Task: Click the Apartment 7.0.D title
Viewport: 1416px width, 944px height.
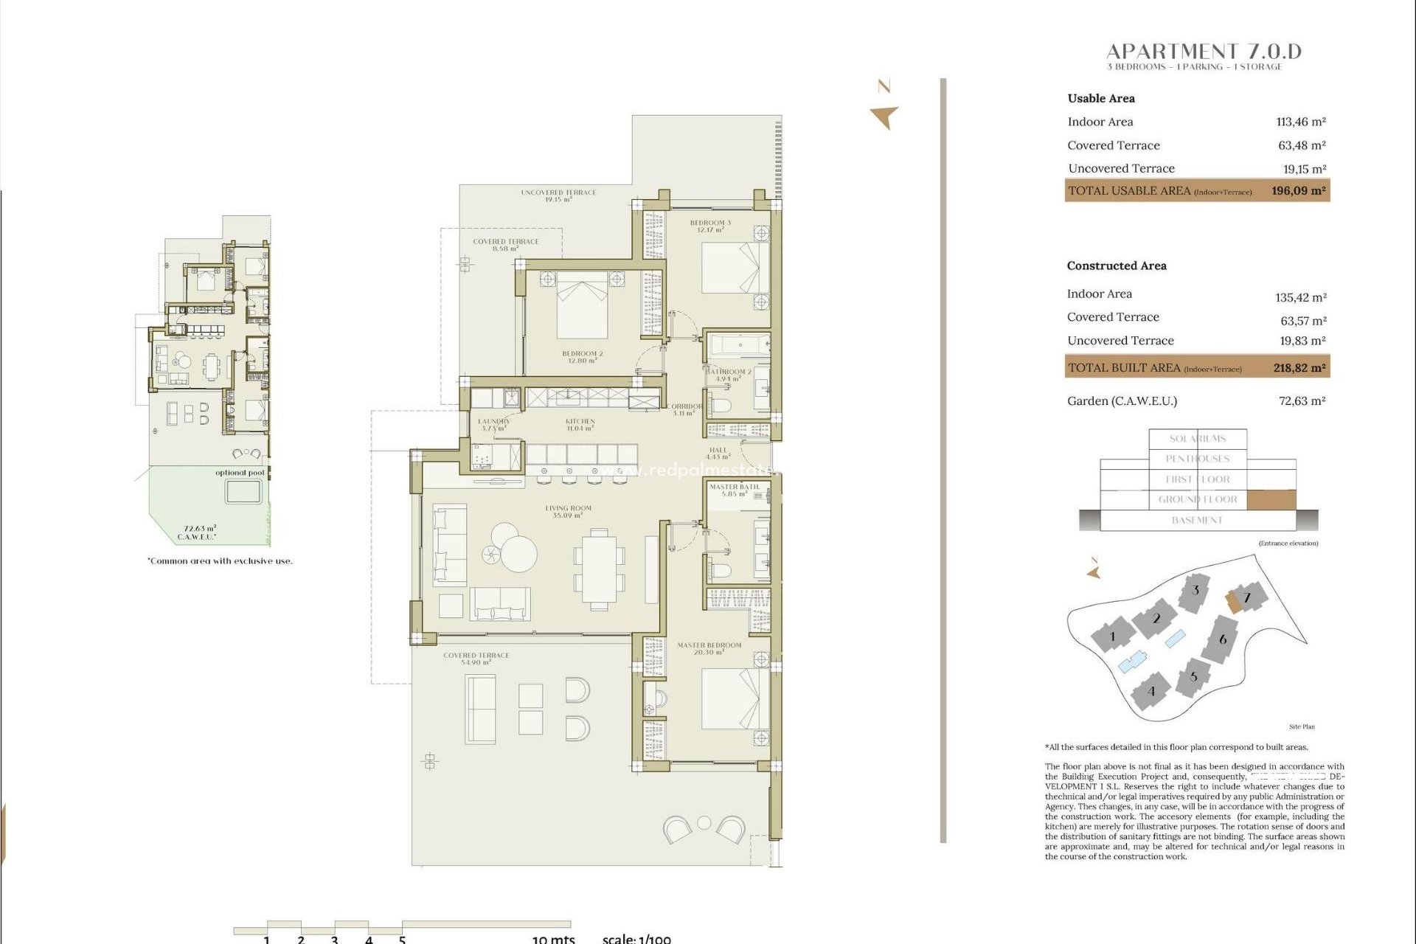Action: pos(1204,52)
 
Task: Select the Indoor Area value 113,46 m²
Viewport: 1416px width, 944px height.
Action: pos(1301,122)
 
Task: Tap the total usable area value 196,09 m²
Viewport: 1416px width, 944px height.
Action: pos(1298,190)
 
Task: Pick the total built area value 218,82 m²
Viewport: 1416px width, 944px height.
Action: pos(1299,367)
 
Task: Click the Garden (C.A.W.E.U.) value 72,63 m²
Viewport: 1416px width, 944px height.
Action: pos(1302,401)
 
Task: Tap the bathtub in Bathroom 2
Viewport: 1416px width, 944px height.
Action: pos(738,345)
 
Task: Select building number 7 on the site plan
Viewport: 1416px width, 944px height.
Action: pos(1247,597)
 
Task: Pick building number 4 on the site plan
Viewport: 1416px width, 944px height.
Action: pos(1151,691)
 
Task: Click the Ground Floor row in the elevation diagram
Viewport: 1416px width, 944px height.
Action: pos(1198,499)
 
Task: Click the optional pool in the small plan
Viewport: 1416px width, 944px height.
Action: pos(243,491)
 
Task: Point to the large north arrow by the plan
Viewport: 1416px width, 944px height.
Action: pos(884,117)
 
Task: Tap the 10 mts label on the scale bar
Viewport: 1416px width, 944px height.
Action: pos(553,939)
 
